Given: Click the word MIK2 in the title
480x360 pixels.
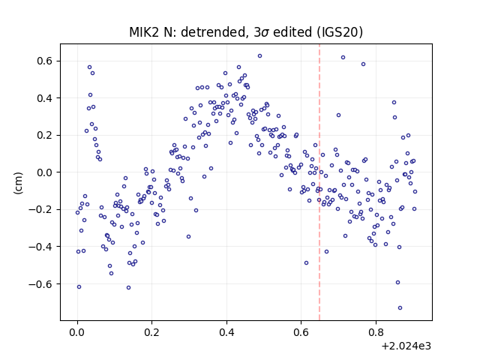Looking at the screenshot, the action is [143, 32].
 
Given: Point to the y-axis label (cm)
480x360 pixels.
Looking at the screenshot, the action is [18, 183].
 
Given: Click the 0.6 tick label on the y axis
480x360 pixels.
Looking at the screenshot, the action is [45, 61].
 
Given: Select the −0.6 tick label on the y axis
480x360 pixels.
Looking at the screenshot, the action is [40, 284].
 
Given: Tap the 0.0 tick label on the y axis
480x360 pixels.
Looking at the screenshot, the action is [45, 172].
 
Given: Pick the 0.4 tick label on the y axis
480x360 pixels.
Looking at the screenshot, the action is [45, 98].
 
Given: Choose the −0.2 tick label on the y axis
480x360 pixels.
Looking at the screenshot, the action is [40, 210].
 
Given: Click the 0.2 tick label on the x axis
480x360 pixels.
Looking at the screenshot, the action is [152, 332].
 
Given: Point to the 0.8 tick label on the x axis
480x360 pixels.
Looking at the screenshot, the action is [376, 332].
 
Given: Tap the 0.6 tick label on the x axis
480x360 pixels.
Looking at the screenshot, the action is [301, 332].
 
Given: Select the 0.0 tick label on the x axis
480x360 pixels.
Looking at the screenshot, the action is [77, 332].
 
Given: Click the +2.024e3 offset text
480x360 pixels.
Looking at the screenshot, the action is [406, 346].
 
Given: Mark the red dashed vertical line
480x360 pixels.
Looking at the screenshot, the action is [319, 182].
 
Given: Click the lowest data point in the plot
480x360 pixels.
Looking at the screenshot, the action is [400, 308].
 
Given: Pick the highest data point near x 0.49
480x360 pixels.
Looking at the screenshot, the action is [260, 56].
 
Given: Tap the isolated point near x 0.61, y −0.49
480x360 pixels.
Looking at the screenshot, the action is [307, 263].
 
